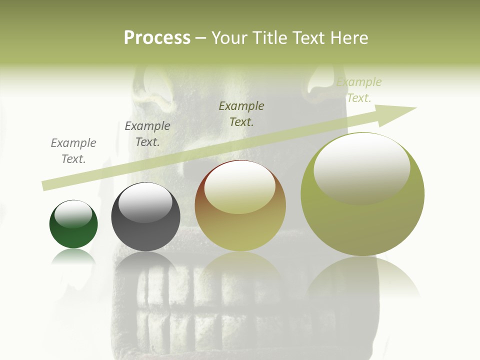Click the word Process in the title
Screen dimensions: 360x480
[x=157, y=38]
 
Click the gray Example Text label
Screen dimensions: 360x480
[x=73, y=151]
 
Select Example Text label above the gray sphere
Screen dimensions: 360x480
[x=147, y=134]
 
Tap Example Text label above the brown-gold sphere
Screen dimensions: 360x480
[x=241, y=113]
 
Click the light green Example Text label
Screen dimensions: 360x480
[x=359, y=90]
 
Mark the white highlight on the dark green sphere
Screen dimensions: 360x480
[x=73, y=214]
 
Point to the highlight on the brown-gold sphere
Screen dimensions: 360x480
[x=240, y=188]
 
